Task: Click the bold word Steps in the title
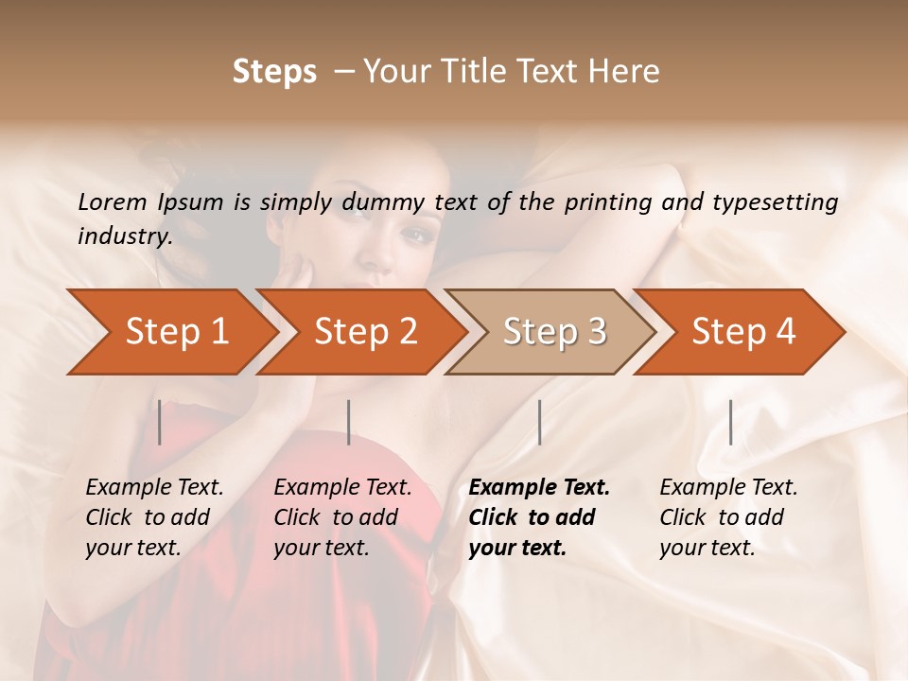pos(274,72)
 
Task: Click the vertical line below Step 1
pos(160,422)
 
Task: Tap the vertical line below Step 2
pos(349,422)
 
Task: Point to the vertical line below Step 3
pos(539,422)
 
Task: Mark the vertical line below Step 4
pos(730,422)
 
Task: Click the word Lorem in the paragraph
pos(112,202)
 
